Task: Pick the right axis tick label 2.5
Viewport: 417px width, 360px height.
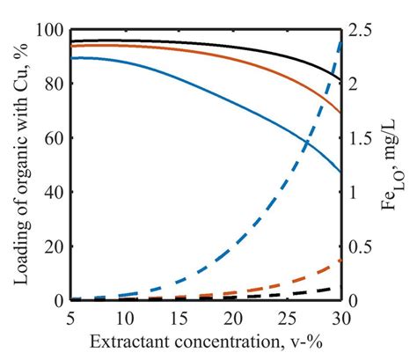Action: (x=360, y=31)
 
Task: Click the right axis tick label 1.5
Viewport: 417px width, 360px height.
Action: (x=360, y=139)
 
